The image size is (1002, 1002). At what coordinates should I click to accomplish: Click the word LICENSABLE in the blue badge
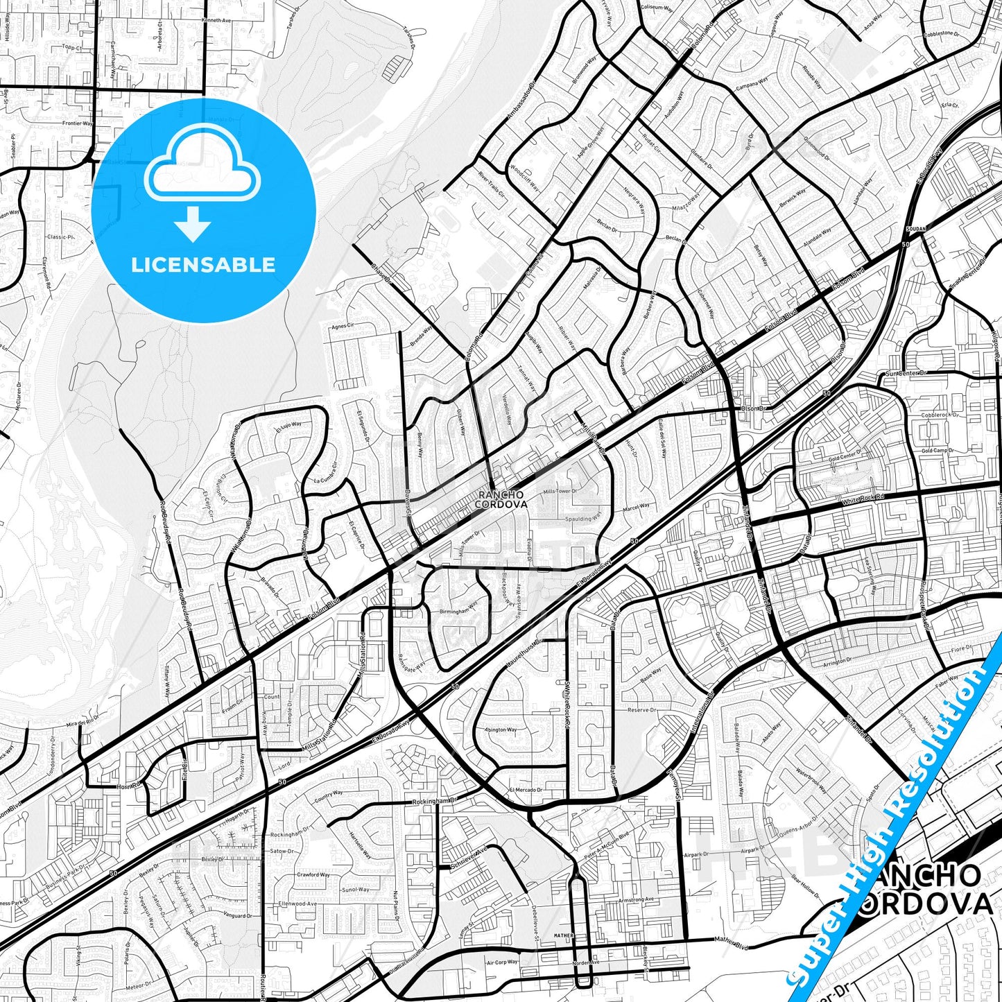pos(203,265)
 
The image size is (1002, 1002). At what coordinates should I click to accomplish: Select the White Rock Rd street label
pos(863,499)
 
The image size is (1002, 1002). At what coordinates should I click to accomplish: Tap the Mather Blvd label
pos(732,940)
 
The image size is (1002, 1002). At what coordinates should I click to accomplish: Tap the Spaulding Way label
pos(582,518)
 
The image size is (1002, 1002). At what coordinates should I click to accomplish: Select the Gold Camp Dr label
pos(938,451)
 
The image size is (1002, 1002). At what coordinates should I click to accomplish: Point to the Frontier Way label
pos(77,123)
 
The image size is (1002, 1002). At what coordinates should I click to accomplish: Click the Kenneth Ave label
pos(216,21)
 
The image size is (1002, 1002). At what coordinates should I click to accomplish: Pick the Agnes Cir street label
pos(343,326)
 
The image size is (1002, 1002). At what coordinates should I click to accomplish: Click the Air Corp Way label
pos(502,962)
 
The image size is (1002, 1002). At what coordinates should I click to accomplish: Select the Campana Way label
pos(752,85)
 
